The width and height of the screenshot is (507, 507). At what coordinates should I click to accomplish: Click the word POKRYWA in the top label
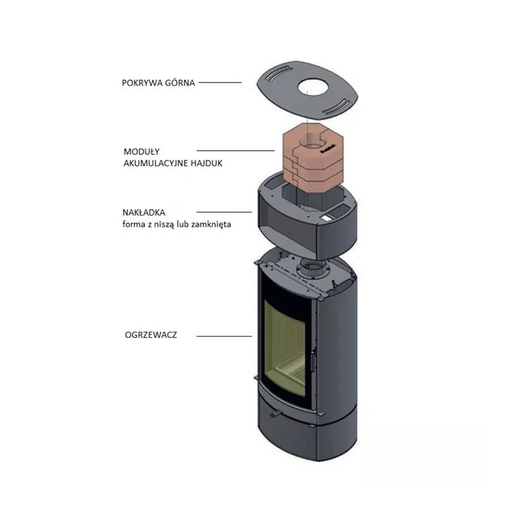[x=142, y=83]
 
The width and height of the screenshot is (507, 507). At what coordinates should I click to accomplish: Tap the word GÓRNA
[x=180, y=82]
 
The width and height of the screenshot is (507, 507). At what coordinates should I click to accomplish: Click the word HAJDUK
[x=206, y=163]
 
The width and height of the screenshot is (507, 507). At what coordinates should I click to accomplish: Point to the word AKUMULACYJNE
[x=156, y=163]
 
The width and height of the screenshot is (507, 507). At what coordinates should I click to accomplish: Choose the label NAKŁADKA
[x=144, y=213]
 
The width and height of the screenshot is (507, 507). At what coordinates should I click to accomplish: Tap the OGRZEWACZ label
[x=151, y=334]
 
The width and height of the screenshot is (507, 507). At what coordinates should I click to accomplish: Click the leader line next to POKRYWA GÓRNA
[x=220, y=82]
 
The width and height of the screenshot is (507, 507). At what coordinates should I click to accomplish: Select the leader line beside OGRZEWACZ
[x=224, y=337]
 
